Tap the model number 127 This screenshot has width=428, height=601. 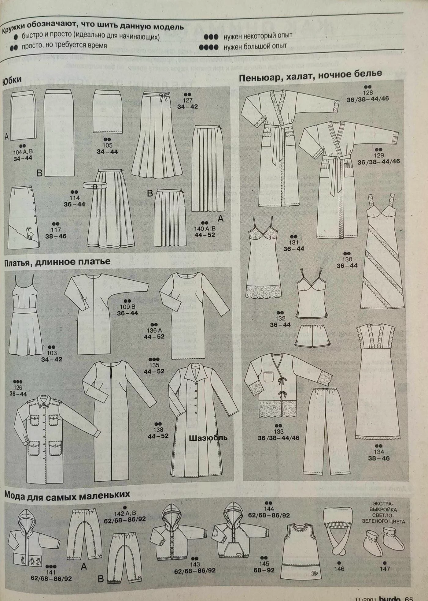click(187, 100)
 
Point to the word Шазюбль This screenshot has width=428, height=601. click(208, 438)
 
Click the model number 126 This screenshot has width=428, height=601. click(18, 388)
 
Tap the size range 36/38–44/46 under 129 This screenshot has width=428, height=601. click(378, 162)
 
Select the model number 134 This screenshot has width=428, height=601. click(379, 452)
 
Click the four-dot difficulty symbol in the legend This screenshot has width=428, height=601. click(208, 47)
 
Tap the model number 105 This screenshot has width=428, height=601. click(107, 145)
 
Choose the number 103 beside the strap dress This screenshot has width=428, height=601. click(52, 353)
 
